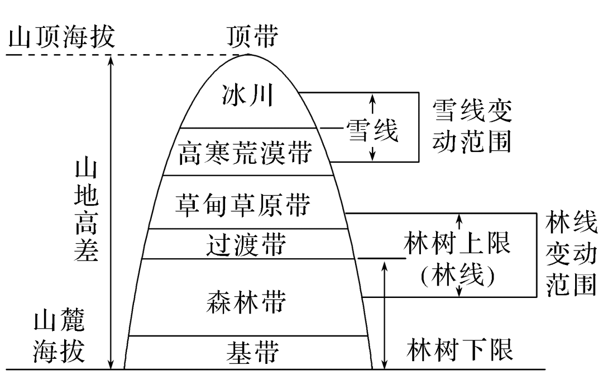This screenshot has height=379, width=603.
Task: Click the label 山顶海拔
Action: click(x=61, y=38)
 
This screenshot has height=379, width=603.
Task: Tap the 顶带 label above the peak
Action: click(x=252, y=38)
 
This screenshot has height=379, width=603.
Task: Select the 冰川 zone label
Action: click(x=246, y=96)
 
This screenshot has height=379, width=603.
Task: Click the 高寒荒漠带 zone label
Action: click(x=245, y=153)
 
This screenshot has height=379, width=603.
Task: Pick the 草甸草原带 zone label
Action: click(x=243, y=204)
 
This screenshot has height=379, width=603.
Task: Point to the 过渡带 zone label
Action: click(x=246, y=244)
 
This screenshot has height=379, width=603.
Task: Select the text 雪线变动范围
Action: click(x=472, y=126)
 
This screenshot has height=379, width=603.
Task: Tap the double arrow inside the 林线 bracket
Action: click(x=460, y=255)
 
